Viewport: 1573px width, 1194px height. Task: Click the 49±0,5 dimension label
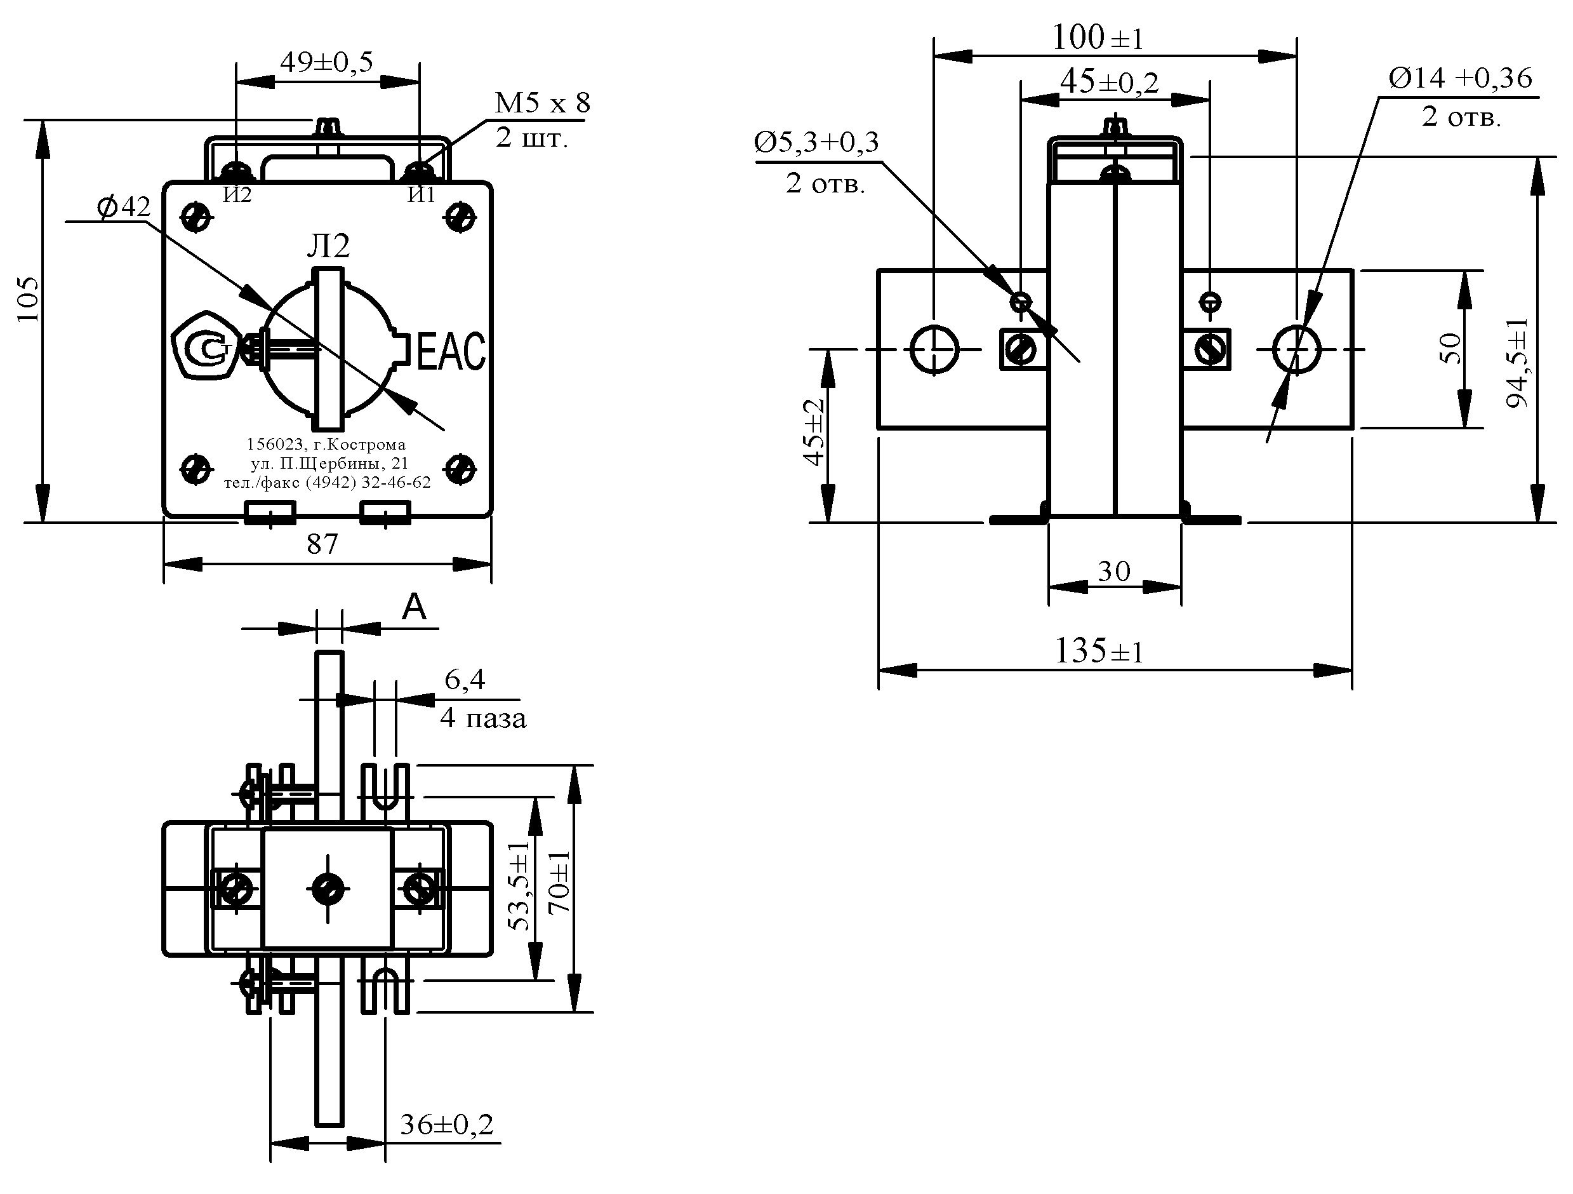(x=326, y=63)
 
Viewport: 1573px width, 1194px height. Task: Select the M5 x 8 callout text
(x=542, y=103)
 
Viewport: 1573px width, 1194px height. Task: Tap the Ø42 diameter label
(x=124, y=207)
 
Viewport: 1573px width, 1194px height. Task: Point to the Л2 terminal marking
(x=329, y=246)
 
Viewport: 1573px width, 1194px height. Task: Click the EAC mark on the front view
(x=451, y=351)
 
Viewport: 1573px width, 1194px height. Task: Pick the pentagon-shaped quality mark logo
(x=205, y=347)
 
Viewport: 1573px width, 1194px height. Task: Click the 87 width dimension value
(x=322, y=544)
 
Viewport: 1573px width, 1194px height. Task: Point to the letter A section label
(x=414, y=608)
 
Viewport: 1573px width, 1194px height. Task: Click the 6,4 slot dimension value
(x=465, y=680)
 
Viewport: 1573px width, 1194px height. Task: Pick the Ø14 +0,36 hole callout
(x=1459, y=78)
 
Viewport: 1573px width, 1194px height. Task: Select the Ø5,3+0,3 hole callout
(x=816, y=143)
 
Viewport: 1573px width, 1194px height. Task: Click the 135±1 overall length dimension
(x=1099, y=651)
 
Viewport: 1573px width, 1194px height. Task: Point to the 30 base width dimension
(x=1113, y=571)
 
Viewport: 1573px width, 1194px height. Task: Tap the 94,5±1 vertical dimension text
(x=1518, y=363)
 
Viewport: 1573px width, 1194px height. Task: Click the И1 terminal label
(x=421, y=195)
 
